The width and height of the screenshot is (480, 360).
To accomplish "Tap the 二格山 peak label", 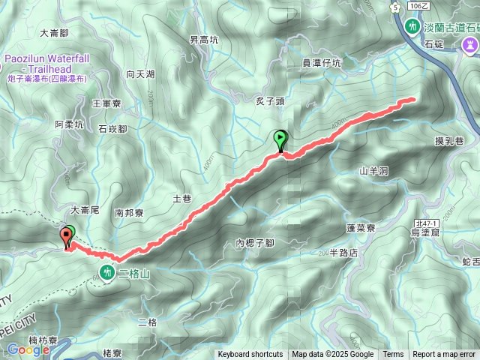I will (x=135, y=274).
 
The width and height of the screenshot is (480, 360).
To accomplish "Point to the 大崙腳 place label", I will (x=54, y=33).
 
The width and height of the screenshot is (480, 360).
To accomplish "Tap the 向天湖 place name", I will (x=140, y=74).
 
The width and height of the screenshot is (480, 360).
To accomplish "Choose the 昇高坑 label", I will (x=203, y=40).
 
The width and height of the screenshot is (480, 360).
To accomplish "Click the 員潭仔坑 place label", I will (x=321, y=63).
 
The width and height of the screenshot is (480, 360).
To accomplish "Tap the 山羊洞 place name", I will (x=373, y=171).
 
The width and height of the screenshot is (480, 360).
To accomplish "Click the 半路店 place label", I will (x=344, y=253).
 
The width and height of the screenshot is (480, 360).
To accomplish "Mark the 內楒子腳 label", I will (x=254, y=243).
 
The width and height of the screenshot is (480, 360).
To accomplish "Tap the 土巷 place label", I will (x=183, y=199).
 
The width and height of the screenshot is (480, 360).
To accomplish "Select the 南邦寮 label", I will (x=129, y=213).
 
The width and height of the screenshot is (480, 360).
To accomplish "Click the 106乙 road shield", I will (x=419, y=6).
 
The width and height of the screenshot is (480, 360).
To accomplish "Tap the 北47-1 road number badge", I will (x=426, y=223).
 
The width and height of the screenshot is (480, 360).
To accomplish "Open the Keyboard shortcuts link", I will (x=250, y=355).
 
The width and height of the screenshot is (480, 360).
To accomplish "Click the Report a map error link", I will (x=444, y=355).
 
